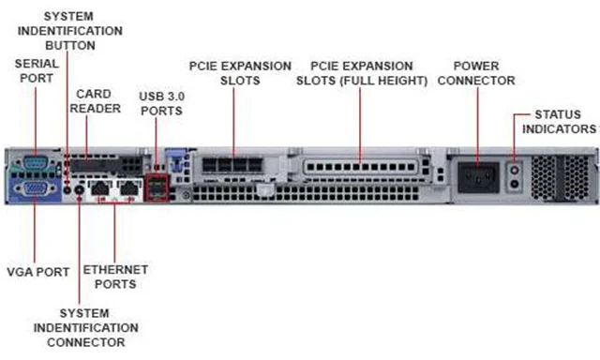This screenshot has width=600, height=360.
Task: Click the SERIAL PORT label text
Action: pyautogui.click(x=35, y=71)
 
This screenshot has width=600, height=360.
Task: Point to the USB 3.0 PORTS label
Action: pyautogui.click(x=160, y=103)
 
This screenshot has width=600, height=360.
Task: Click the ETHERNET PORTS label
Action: pyautogui.click(x=115, y=277)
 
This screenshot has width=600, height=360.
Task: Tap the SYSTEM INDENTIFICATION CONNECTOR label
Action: pyautogui.click(x=85, y=328)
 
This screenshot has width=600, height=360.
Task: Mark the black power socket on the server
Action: pyautogui.click(x=475, y=173)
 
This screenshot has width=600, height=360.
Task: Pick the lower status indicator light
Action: pyautogui.click(x=513, y=184)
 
